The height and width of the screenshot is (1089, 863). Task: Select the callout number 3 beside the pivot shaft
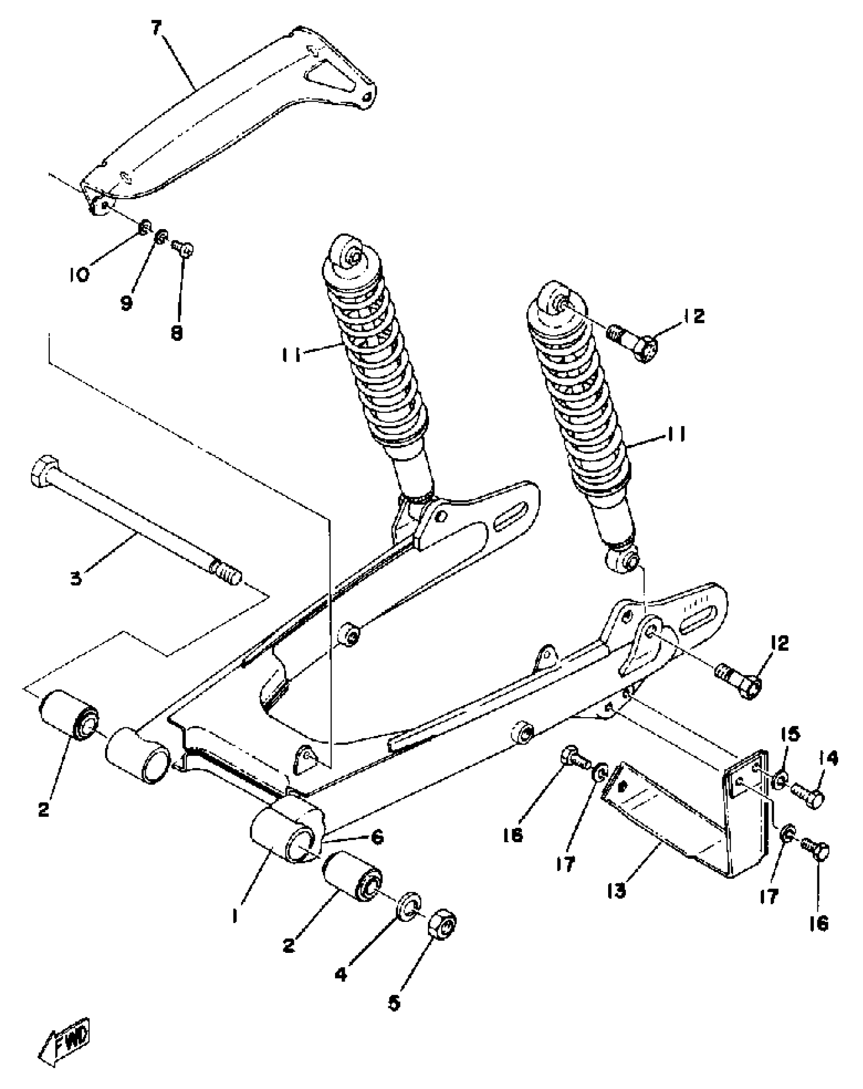76,579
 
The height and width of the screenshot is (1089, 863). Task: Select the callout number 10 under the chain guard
79,275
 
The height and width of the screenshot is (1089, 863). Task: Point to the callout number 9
126,303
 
